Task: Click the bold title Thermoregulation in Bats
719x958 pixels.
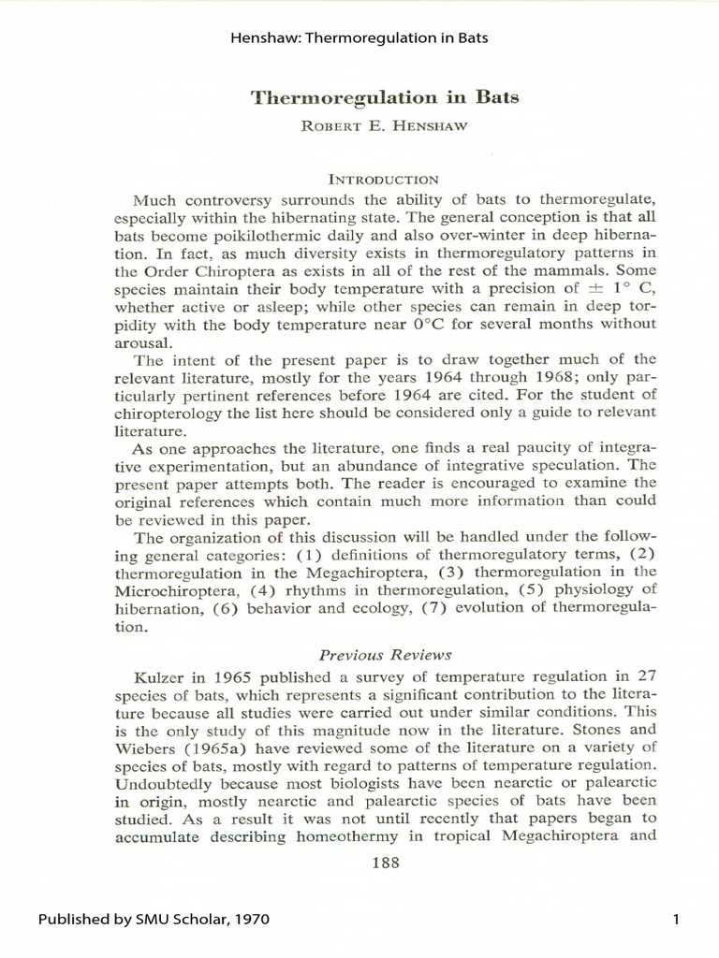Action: click(x=359, y=97)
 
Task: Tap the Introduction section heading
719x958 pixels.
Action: click(x=359, y=177)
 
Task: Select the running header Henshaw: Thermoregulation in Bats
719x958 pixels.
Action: click(x=359, y=38)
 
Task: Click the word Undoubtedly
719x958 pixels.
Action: click(x=164, y=781)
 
